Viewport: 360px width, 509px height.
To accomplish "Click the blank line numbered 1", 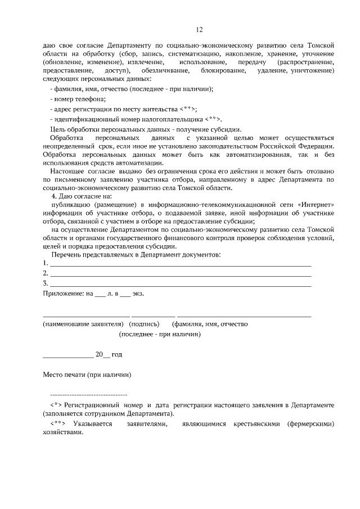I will coord(180,264).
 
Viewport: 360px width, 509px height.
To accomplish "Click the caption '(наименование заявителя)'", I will coord(83,325).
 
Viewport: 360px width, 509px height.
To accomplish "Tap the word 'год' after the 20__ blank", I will coord(116,355).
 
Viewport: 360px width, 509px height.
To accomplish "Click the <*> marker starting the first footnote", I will coord(55,405).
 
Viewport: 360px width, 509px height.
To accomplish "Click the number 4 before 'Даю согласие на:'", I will coord(53,196).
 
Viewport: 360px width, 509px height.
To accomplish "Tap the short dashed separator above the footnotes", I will coord(89,395).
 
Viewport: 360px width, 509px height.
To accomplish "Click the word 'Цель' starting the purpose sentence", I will coord(58,129).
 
